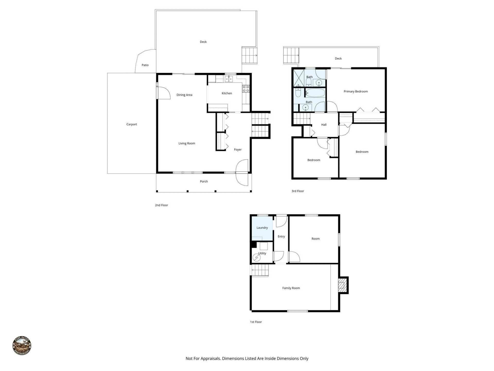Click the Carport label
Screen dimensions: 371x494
pos(131,124)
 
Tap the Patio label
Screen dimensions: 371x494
pos(145,65)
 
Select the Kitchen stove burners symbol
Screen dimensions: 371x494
pos(246,89)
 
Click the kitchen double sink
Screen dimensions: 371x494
pos(229,79)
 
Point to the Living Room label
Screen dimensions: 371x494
pos(187,143)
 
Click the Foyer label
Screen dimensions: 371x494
pos(238,149)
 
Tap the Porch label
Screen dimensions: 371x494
pos(204,181)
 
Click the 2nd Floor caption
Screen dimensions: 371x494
pos(161,205)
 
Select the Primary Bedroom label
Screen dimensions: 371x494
pos(356,91)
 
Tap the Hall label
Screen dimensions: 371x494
pos(324,125)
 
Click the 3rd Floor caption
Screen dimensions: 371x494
pos(298,191)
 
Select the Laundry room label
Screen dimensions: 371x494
pos(262,228)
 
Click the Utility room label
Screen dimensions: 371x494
pos(262,253)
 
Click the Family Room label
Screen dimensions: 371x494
pos(291,288)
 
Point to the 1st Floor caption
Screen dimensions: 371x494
pos(256,322)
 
